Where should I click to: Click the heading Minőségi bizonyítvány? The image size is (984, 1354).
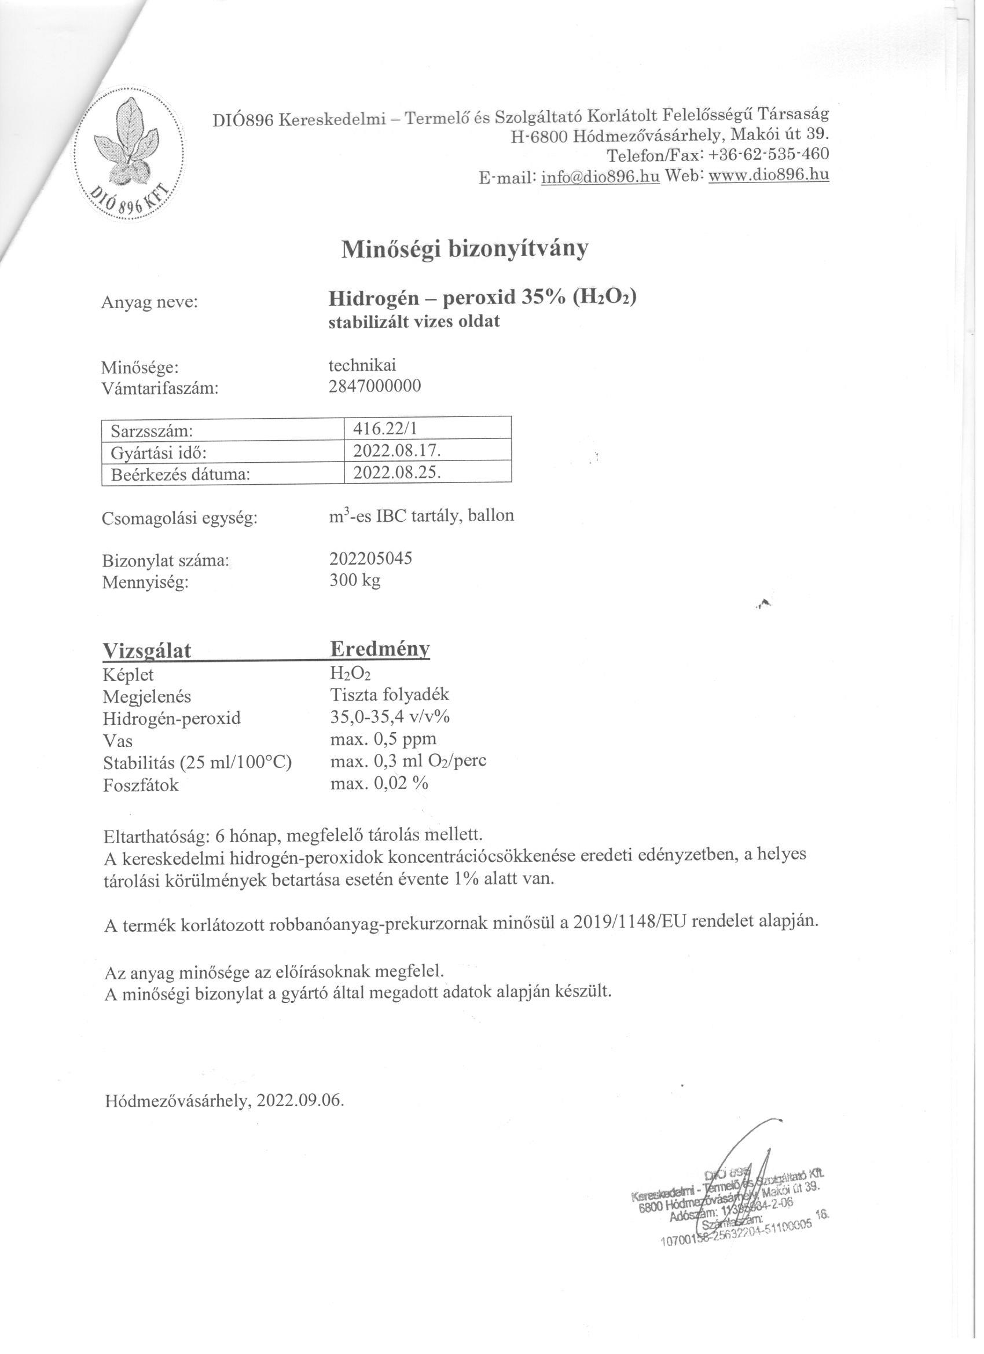pos(464,250)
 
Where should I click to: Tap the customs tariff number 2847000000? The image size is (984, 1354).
pos(374,386)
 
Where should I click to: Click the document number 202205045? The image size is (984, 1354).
pos(370,559)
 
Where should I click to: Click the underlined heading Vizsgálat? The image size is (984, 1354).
pos(147,651)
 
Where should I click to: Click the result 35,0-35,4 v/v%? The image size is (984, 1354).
pos(390,716)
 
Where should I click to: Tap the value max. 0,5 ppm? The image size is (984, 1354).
pos(383,739)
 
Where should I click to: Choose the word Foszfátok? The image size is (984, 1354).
pos(141,786)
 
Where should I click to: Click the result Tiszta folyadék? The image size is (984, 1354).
pos(389,694)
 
